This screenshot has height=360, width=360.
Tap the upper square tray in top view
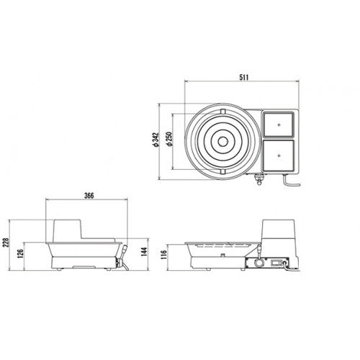[279, 125]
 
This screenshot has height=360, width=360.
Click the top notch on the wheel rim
[222, 109]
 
